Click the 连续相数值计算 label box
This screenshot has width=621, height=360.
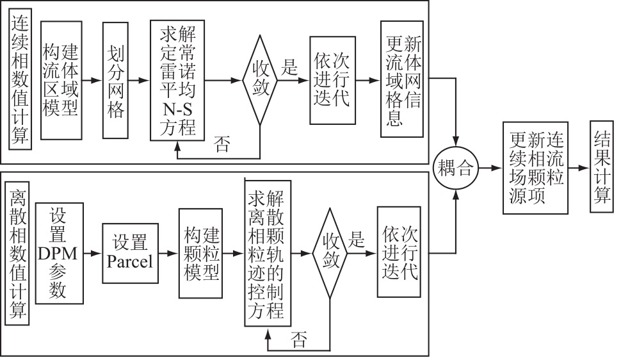click(21, 81)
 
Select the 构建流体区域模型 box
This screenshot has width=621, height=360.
click(61, 80)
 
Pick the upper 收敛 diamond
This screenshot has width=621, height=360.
click(260, 81)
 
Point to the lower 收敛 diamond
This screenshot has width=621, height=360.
click(330, 253)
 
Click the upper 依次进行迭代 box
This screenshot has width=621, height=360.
click(332, 81)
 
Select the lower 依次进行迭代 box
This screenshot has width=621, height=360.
click(399, 252)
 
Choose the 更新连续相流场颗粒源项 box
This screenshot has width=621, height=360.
click(536, 168)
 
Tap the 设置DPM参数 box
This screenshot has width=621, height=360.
click(58, 253)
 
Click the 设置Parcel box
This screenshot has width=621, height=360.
click(131, 253)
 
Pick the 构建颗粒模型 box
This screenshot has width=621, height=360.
click(200, 253)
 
